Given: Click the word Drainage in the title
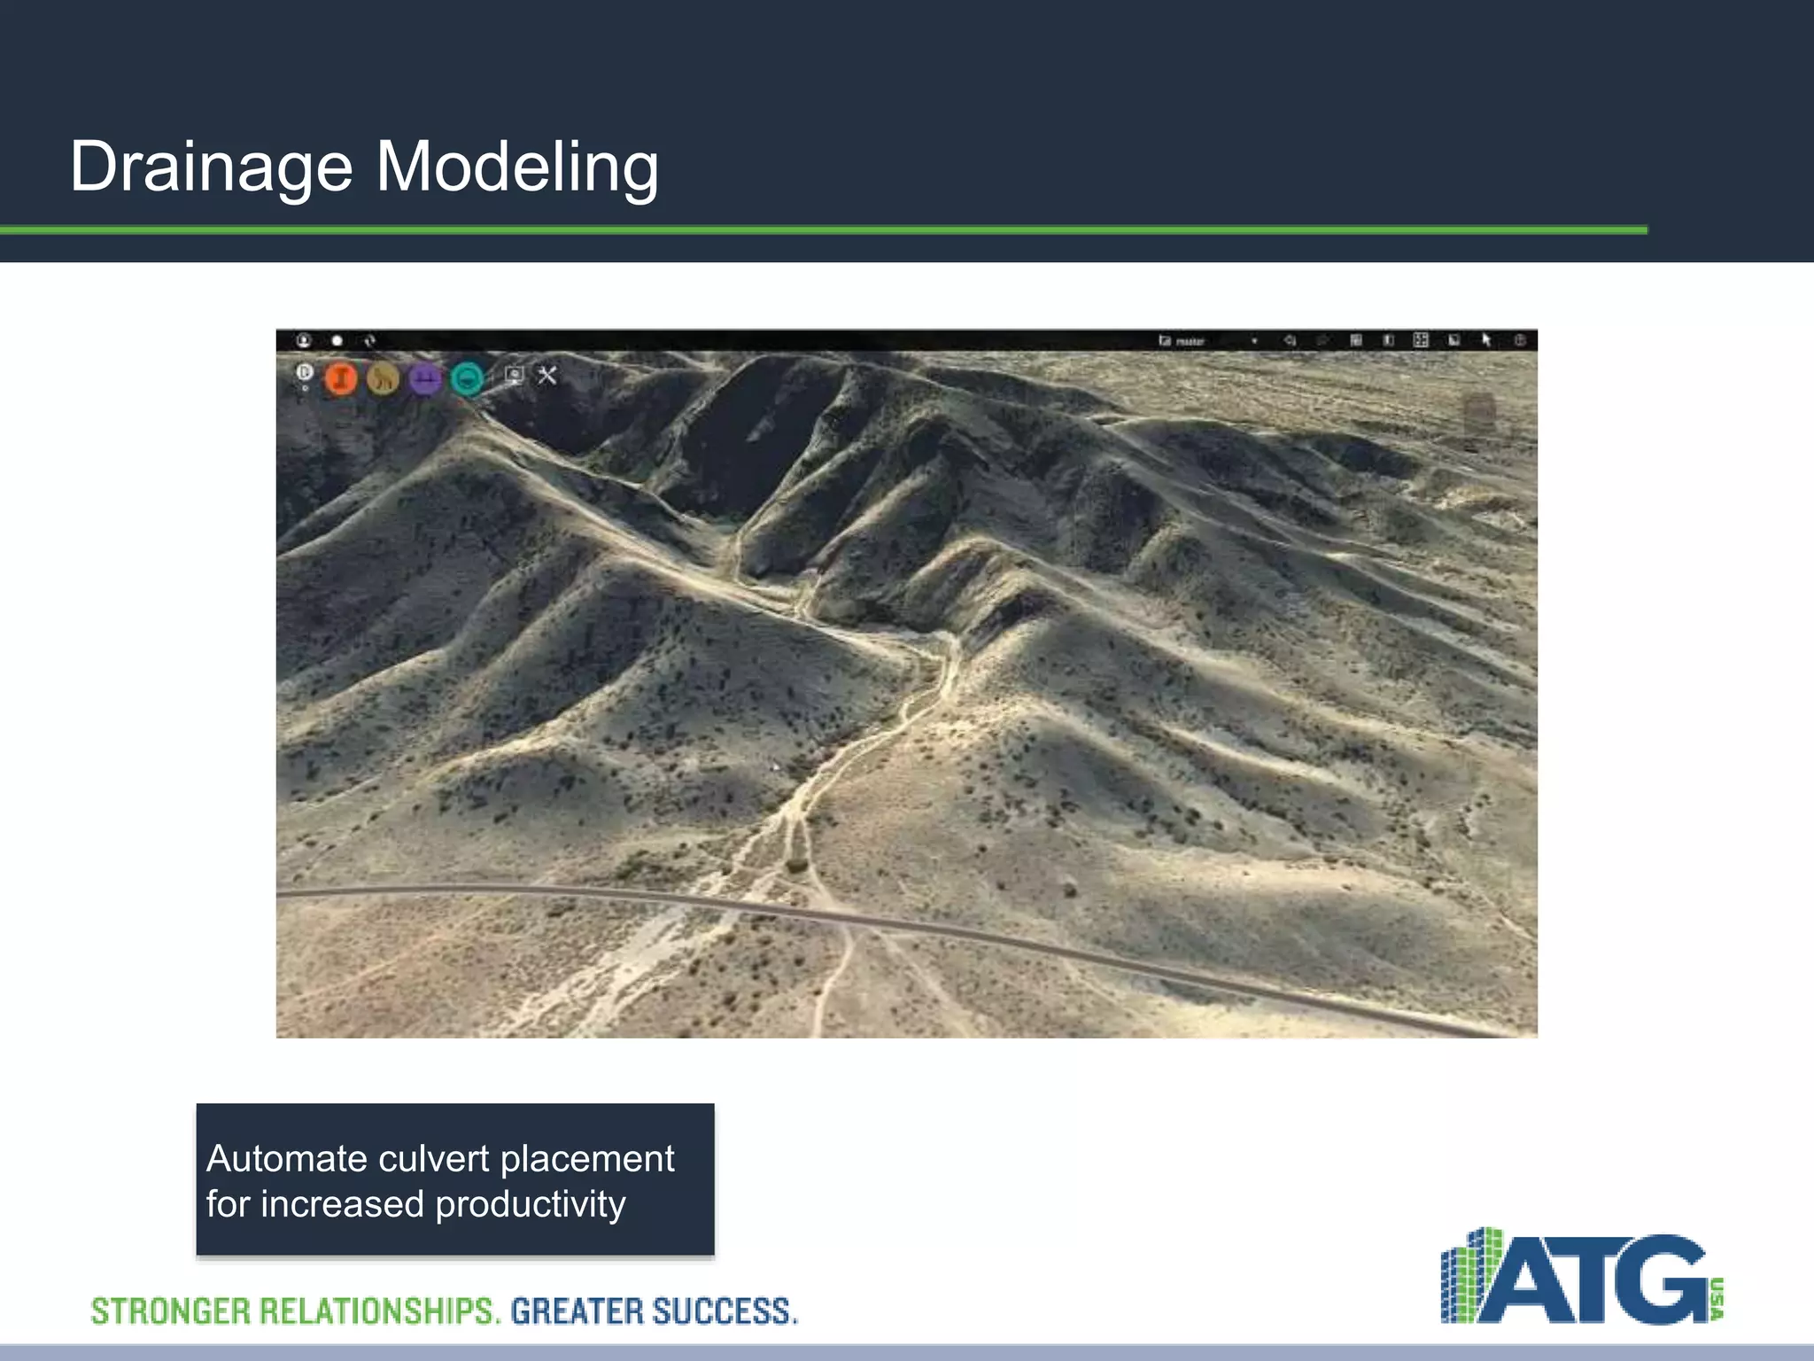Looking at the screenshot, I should coord(211,167).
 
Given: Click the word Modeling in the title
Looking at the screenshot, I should coord(517,167).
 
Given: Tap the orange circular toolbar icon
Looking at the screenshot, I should coord(341,378).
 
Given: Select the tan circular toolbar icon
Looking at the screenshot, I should coord(384,378).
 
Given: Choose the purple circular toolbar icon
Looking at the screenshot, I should coord(426,378).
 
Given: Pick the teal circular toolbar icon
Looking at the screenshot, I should coord(468,378).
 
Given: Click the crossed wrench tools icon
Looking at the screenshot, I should coord(547,376).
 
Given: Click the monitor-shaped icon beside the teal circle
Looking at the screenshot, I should coord(514,375).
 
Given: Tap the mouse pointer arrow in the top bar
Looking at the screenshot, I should coord(1486,340).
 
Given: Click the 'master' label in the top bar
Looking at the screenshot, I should coord(1190,341).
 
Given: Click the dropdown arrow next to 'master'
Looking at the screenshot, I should coord(1254,341).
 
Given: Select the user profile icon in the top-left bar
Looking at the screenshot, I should coord(303,340).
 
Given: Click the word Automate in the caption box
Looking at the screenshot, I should coord(286,1159).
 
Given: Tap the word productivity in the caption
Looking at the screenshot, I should coord(530,1204).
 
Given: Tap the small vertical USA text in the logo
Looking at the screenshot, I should coord(1718,1299).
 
